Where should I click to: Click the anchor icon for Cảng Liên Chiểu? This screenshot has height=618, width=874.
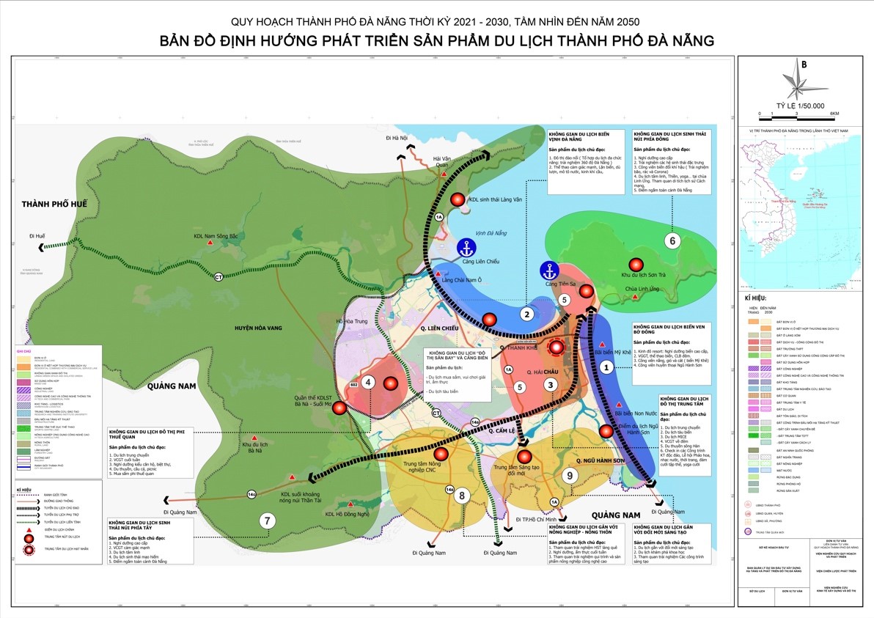pos(465,247)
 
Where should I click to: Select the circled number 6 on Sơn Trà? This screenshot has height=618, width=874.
pos(672,240)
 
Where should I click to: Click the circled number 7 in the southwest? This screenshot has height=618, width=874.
pos(267,520)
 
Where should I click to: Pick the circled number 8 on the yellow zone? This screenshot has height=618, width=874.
pos(462,496)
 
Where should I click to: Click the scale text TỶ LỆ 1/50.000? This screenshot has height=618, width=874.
pos(804,106)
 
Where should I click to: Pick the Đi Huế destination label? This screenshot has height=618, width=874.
pos(37,236)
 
